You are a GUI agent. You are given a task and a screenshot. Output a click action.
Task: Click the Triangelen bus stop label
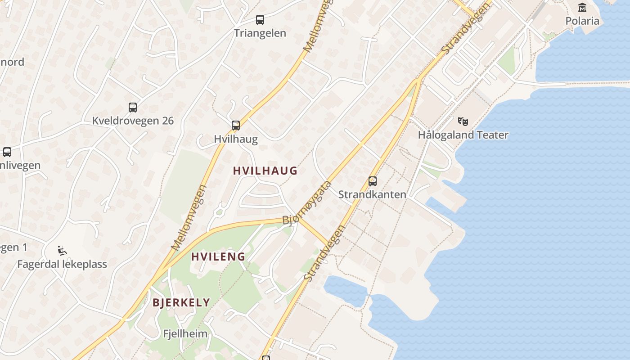[260, 33]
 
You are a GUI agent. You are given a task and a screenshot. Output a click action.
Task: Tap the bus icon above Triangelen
[260, 20]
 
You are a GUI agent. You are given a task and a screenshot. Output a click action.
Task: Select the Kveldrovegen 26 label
[133, 121]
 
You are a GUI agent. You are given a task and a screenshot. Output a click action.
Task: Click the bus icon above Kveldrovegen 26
[132, 108]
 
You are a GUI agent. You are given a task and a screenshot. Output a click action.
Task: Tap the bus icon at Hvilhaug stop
[236, 126]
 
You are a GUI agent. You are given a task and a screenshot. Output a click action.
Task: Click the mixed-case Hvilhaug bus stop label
[236, 139]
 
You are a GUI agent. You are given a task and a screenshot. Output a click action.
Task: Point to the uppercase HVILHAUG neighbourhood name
[265, 171]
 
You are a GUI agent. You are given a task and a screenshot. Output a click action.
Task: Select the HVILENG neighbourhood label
[218, 257]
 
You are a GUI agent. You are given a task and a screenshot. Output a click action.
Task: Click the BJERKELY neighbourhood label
[181, 302]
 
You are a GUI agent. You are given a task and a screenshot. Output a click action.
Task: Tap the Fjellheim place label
[185, 334]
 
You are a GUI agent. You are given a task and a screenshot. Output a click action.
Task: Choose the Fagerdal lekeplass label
[62, 264]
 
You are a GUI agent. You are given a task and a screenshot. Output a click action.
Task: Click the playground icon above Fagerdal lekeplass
[62, 251]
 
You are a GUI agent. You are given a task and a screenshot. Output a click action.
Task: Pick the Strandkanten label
[372, 194]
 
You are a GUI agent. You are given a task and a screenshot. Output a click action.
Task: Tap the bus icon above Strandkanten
[373, 181]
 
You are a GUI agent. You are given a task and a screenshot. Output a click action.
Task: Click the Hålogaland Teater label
[463, 135]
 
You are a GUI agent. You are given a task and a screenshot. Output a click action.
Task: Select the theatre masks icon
[463, 121]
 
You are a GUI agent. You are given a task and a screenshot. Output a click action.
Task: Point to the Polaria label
[582, 21]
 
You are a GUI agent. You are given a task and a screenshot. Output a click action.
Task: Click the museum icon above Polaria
[582, 7]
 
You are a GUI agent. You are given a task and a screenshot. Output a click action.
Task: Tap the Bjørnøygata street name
[307, 203]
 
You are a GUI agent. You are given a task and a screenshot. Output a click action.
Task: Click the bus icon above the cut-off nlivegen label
[7, 152]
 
